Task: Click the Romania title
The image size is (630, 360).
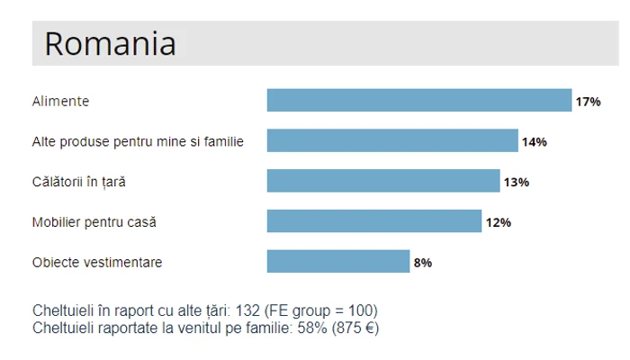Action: [x=110, y=44]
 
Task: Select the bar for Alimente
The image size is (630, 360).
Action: [x=419, y=101]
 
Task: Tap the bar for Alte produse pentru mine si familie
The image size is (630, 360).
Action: [x=392, y=141]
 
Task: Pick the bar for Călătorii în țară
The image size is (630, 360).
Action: [x=383, y=182]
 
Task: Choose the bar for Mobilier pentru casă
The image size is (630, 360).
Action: [x=374, y=221]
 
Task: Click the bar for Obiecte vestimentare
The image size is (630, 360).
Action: [x=338, y=262]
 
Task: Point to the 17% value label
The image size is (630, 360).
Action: [x=588, y=102]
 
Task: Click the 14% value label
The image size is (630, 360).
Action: [x=534, y=142]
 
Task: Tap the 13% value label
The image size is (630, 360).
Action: [x=516, y=183]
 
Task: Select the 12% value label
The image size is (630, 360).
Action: [x=499, y=222]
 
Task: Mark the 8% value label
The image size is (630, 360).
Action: [x=423, y=263]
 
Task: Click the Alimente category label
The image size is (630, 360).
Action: [x=60, y=102]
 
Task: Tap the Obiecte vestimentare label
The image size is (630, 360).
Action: [x=97, y=263]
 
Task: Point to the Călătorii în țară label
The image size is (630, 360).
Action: [x=79, y=183]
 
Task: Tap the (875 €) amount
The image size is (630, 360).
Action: [x=353, y=328]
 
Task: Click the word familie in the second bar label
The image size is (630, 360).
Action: [x=221, y=142]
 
